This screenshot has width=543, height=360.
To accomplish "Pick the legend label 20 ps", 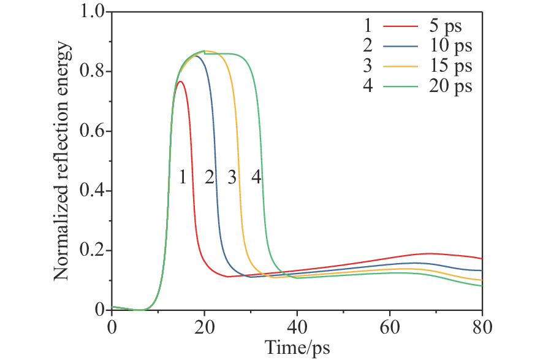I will [450, 86].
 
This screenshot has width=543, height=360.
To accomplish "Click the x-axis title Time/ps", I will [297, 348].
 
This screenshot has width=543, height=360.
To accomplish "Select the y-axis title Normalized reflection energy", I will [62, 162].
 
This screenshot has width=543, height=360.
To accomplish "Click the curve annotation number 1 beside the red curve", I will [182, 177].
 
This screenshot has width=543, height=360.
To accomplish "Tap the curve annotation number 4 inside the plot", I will [256, 177].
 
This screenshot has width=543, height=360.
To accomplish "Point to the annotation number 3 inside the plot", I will [232, 177].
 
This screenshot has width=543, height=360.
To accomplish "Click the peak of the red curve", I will [180, 82].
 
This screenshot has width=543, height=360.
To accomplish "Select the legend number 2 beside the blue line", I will [368, 46].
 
